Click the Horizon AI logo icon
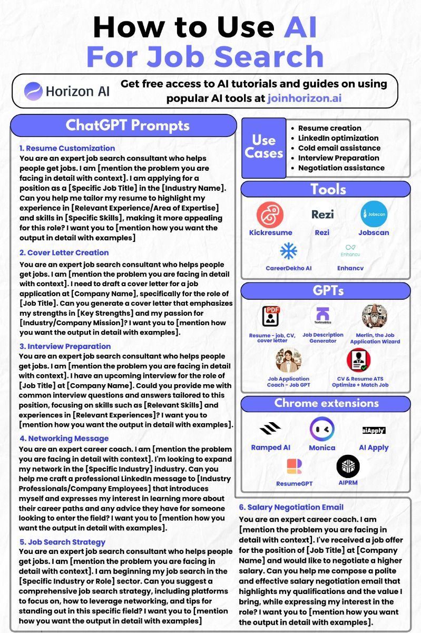point(33,91)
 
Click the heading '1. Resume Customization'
point(67,148)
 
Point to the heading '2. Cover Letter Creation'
point(64,252)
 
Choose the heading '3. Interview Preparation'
point(65,346)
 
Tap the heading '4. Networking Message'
point(64,438)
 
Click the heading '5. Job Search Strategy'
point(62,542)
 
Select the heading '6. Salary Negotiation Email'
point(291,507)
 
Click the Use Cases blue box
point(264,148)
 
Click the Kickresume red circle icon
point(270,215)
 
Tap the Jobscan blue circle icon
point(374,215)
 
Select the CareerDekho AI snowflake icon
point(288,251)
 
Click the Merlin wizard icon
point(375,316)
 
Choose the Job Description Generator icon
point(322,316)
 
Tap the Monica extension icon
point(322,429)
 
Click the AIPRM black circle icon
point(348,466)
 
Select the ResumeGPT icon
point(294,466)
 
